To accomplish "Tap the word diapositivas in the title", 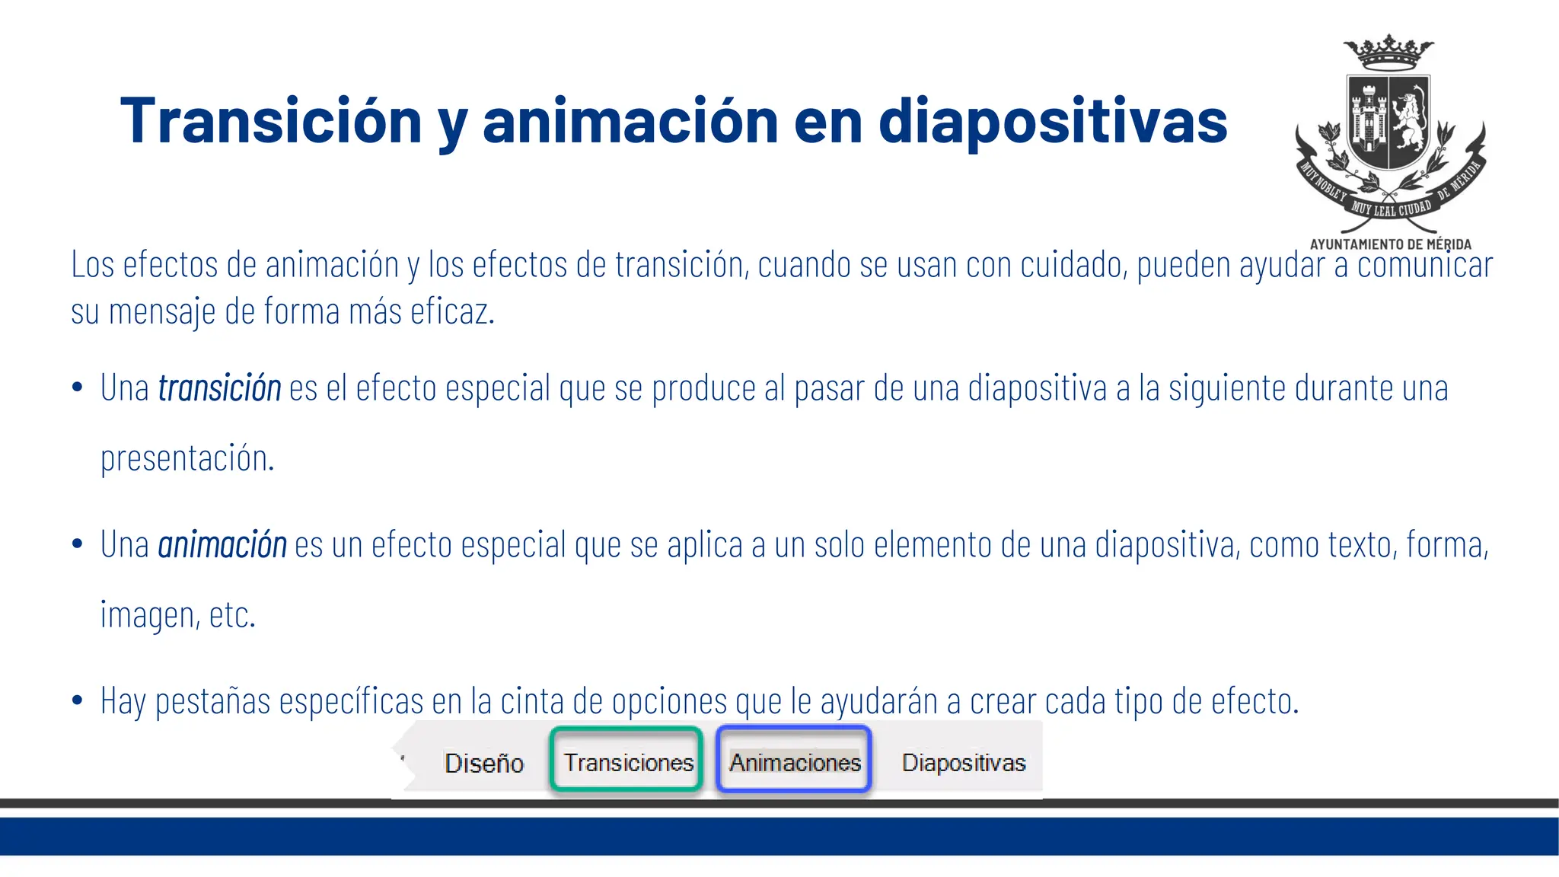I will point(1053,122).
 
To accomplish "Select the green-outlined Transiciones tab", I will point(628,762).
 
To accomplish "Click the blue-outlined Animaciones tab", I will point(794,762).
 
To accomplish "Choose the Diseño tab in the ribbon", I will point(484,763).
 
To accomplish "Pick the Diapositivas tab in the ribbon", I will point(964,762).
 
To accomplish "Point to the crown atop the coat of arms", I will point(1388,52).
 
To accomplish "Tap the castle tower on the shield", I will point(1368,120).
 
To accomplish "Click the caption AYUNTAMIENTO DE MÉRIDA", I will point(1390,244).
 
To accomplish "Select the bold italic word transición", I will point(219,388).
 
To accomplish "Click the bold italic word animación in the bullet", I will point(222,545).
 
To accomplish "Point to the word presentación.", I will point(187,458).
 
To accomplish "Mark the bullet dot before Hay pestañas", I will point(77,700).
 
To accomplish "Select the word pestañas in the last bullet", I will point(212,702).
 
